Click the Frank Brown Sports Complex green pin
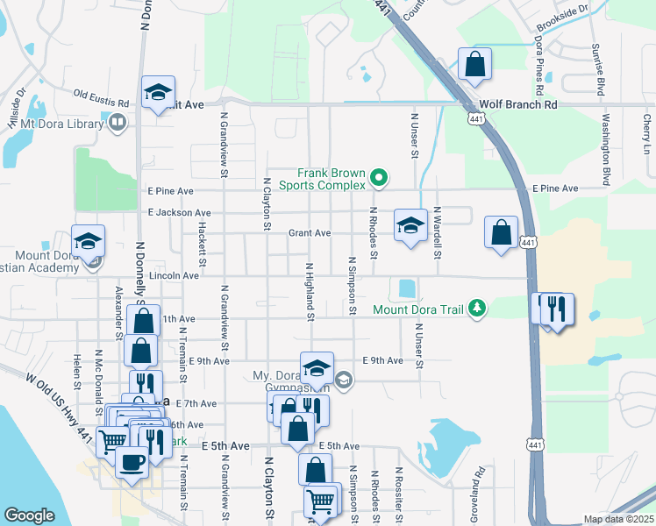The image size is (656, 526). [x=379, y=178]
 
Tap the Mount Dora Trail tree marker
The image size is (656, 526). [x=477, y=308]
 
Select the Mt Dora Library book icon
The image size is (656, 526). [x=117, y=124]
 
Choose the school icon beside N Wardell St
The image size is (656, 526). [x=410, y=225]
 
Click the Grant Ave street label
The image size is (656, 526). [x=310, y=233]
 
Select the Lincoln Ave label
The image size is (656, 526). [x=175, y=275]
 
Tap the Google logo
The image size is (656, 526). [x=29, y=515]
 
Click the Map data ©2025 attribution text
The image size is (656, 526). [x=618, y=519]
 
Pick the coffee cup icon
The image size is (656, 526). [x=132, y=462]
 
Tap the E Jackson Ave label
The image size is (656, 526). [x=179, y=212]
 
